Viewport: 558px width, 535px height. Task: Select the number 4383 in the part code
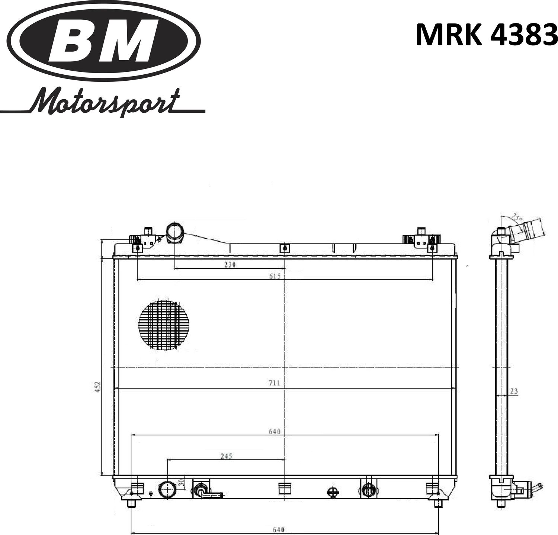tap(524, 35)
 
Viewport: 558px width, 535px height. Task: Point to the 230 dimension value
tap(230, 265)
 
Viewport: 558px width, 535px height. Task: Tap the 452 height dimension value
tap(97, 387)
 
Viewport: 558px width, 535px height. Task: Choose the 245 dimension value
tap(226, 456)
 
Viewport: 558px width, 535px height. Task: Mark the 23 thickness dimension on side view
tap(514, 391)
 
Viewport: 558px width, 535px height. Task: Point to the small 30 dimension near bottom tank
tap(182, 483)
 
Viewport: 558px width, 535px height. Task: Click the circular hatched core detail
tap(164, 325)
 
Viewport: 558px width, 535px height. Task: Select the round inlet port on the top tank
tap(174, 232)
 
